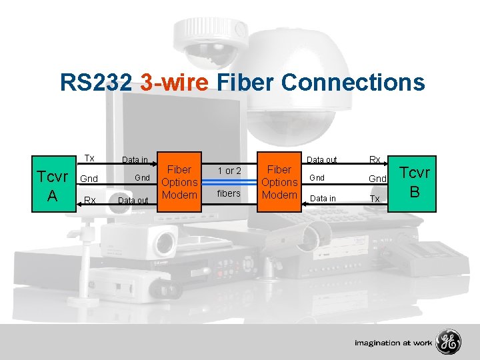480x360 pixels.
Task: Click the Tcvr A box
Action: tap(52, 185)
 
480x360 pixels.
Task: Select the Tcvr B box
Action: tap(415, 182)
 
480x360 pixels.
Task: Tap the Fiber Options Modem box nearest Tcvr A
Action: tap(179, 182)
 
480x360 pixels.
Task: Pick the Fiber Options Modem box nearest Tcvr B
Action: tap(279, 182)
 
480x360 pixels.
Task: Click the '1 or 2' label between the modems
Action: tap(229, 171)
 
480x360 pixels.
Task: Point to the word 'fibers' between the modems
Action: tap(229, 194)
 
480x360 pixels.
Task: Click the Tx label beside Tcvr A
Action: tap(89, 159)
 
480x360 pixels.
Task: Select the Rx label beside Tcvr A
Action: tap(89, 199)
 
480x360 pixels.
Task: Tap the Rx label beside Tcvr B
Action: tap(375, 160)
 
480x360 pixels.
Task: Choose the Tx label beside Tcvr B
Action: tap(375, 199)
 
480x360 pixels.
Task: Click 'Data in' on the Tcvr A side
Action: tap(135, 160)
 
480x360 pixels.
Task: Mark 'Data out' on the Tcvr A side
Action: tap(133, 200)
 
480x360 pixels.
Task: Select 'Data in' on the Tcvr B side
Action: tap(323, 199)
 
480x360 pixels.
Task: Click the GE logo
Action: tap(449, 343)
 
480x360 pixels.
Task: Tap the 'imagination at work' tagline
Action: tap(393, 343)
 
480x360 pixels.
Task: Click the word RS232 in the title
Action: tap(97, 83)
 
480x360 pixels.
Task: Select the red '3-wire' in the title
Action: tap(175, 83)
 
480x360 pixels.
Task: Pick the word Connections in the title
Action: tap(353, 83)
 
